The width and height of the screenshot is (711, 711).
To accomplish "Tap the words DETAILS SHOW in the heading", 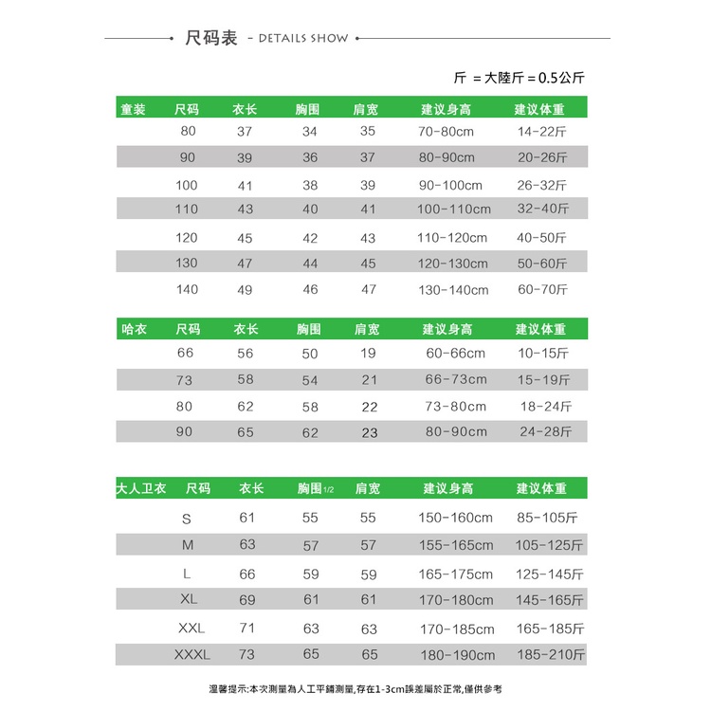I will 298,39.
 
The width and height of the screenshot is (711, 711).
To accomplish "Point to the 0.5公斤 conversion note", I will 567,78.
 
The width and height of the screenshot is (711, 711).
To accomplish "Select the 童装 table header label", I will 133,109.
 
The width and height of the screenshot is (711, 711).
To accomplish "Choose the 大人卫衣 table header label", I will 141,488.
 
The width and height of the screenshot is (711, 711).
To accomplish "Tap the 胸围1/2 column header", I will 315,488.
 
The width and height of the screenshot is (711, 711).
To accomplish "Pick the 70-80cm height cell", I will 446,131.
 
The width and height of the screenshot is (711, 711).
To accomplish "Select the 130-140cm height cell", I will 453,289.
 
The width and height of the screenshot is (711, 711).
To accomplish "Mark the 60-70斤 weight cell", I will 541,289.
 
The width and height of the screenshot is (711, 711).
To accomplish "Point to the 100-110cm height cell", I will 454,209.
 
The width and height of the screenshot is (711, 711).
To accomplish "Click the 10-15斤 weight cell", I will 542,353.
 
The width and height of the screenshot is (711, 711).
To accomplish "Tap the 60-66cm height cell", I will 455,353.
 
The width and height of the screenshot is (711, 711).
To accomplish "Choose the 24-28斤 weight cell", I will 545,431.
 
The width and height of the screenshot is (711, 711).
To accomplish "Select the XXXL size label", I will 192,654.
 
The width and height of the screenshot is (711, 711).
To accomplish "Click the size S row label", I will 187,518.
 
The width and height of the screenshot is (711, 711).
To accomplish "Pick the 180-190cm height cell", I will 457,654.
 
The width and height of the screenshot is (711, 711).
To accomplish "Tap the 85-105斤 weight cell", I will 547,518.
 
